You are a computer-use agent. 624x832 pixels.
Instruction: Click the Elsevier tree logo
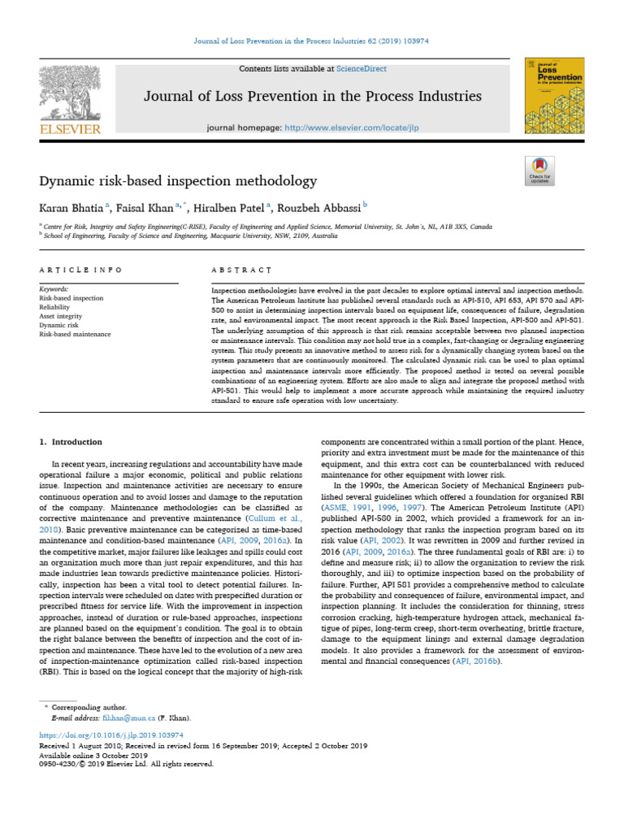pyautogui.click(x=68, y=96)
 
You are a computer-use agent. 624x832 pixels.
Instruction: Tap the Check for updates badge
pyautogui.click(x=539, y=171)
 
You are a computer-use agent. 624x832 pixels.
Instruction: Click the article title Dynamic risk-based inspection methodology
pyautogui.click(x=177, y=181)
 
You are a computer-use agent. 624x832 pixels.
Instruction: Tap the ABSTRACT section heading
pyautogui.click(x=240, y=269)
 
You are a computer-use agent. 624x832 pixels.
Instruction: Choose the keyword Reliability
pyautogui.click(x=56, y=307)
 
